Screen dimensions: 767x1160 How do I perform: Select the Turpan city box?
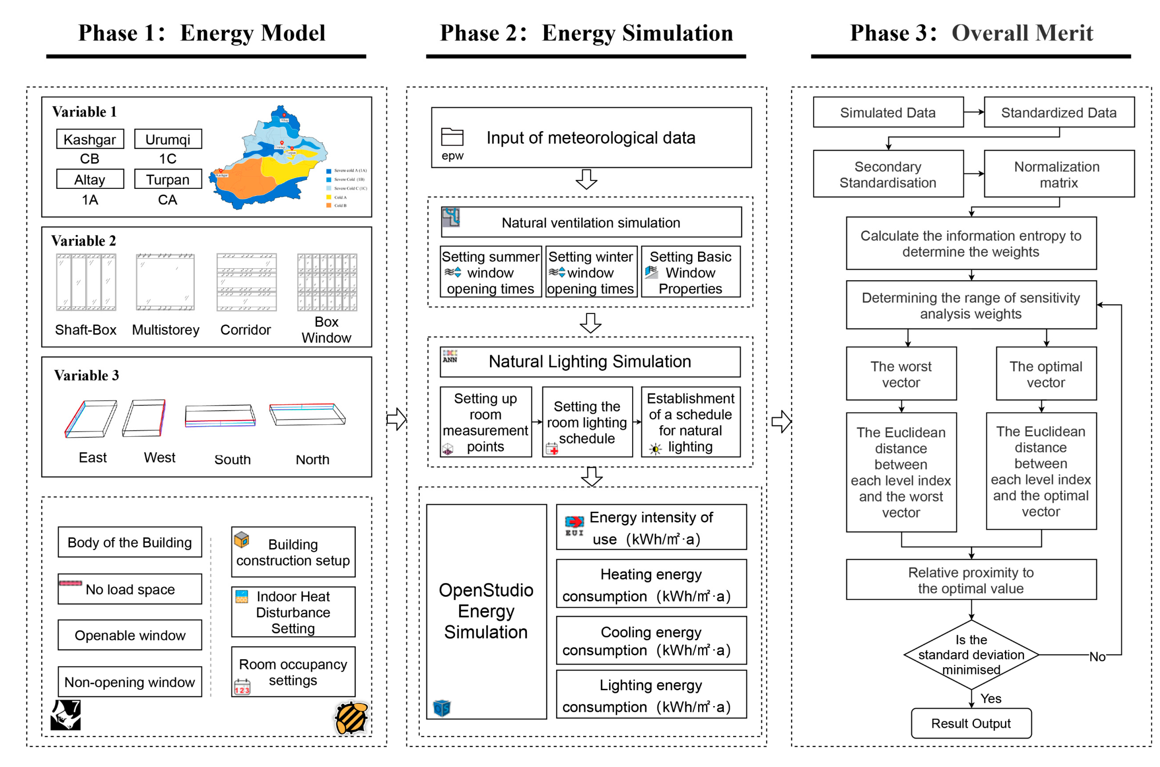[x=167, y=179]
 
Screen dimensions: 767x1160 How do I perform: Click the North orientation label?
[x=312, y=460]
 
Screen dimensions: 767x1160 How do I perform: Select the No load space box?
[x=130, y=589]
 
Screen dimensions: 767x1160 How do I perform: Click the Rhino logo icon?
[x=66, y=715]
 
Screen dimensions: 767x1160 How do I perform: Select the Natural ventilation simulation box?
[x=591, y=223]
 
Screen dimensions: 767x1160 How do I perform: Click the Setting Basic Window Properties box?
[x=690, y=272]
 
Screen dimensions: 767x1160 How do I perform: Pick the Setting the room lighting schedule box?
[x=587, y=422]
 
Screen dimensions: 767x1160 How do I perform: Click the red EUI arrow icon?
[x=574, y=522]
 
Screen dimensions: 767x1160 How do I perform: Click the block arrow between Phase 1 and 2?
[x=396, y=419]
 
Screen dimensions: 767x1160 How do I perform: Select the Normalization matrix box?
[x=1058, y=174]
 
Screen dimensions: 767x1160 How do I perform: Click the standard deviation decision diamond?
[x=971, y=655]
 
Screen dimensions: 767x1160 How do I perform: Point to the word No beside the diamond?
[x=1097, y=657]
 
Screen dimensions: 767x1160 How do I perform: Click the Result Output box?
[x=971, y=723]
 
